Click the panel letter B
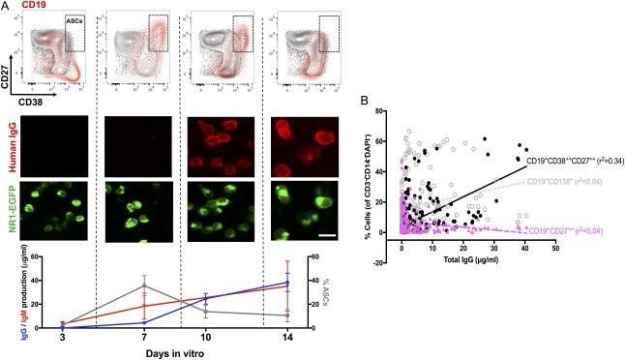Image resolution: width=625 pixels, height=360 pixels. (362, 99)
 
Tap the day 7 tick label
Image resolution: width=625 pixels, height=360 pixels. (143, 336)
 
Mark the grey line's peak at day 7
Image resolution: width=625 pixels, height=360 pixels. (143, 285)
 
